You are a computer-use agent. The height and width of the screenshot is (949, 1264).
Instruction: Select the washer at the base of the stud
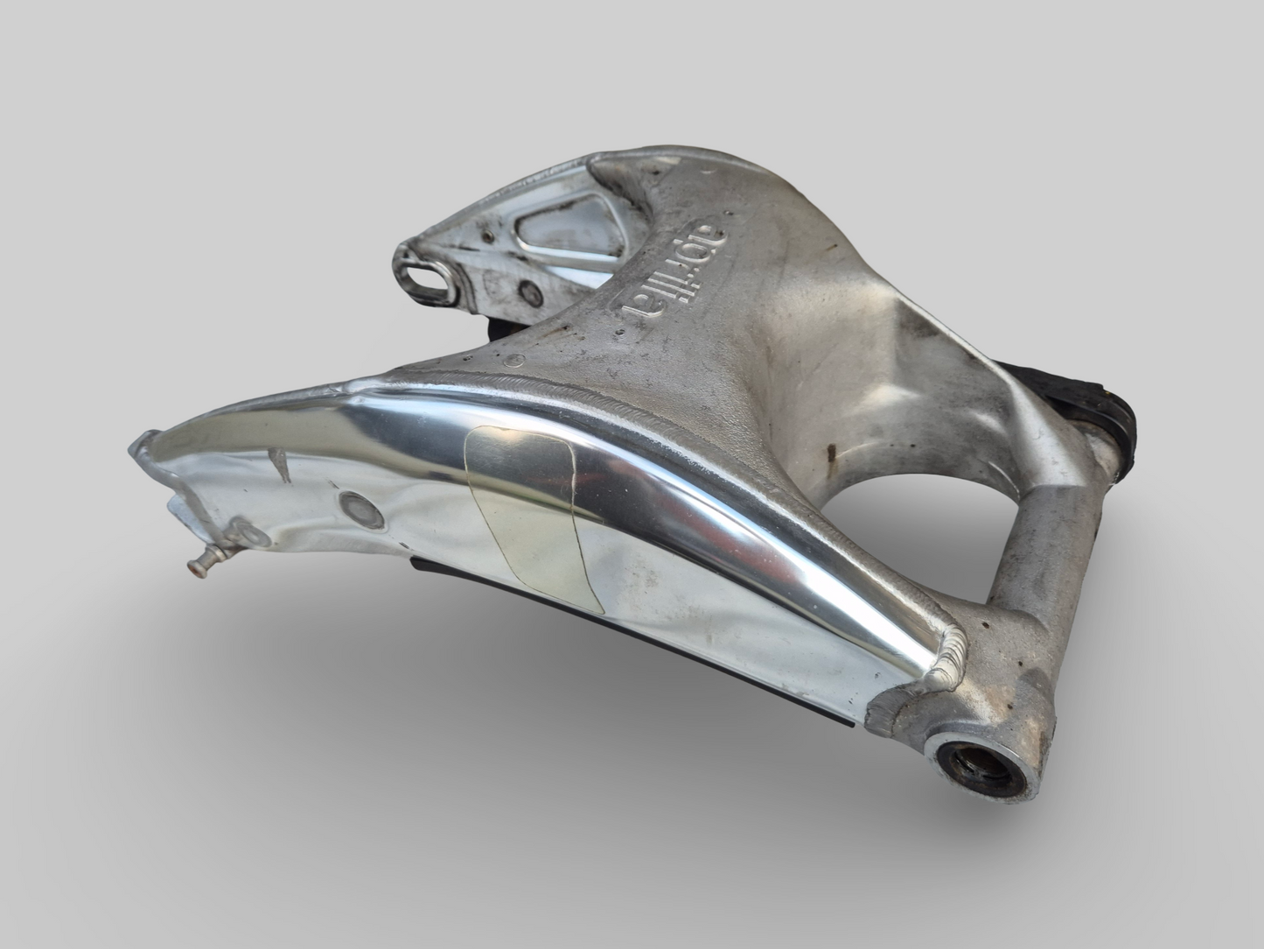click(x=239, y=536)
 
